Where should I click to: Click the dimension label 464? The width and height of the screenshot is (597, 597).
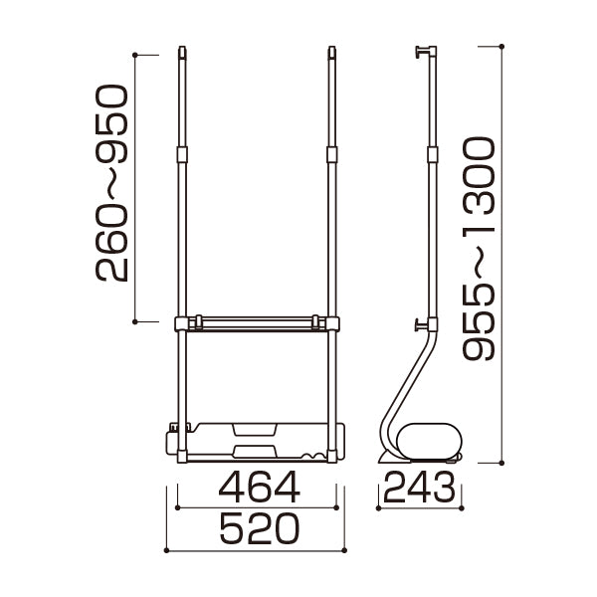tap(260, 488)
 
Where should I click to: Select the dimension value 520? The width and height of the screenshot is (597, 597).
tap(260, 529)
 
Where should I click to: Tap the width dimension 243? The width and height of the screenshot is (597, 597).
tap(419, 487)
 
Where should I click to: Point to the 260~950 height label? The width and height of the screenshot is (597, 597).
tap(111, 183)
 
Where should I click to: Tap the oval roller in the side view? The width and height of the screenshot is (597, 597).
tap(429, 441)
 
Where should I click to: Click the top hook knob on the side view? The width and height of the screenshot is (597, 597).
tap(422, 52)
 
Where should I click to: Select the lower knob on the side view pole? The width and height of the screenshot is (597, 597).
tap(422, 324)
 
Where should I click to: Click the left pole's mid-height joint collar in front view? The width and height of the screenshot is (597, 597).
tap(182, 154)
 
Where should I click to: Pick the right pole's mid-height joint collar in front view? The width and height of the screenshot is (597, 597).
tap(332, 154)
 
